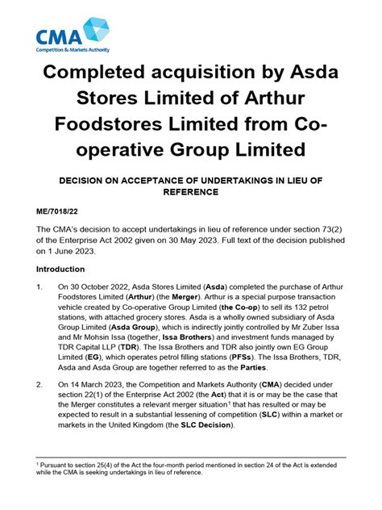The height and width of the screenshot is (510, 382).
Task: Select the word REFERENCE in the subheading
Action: click(x=190, y=191)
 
